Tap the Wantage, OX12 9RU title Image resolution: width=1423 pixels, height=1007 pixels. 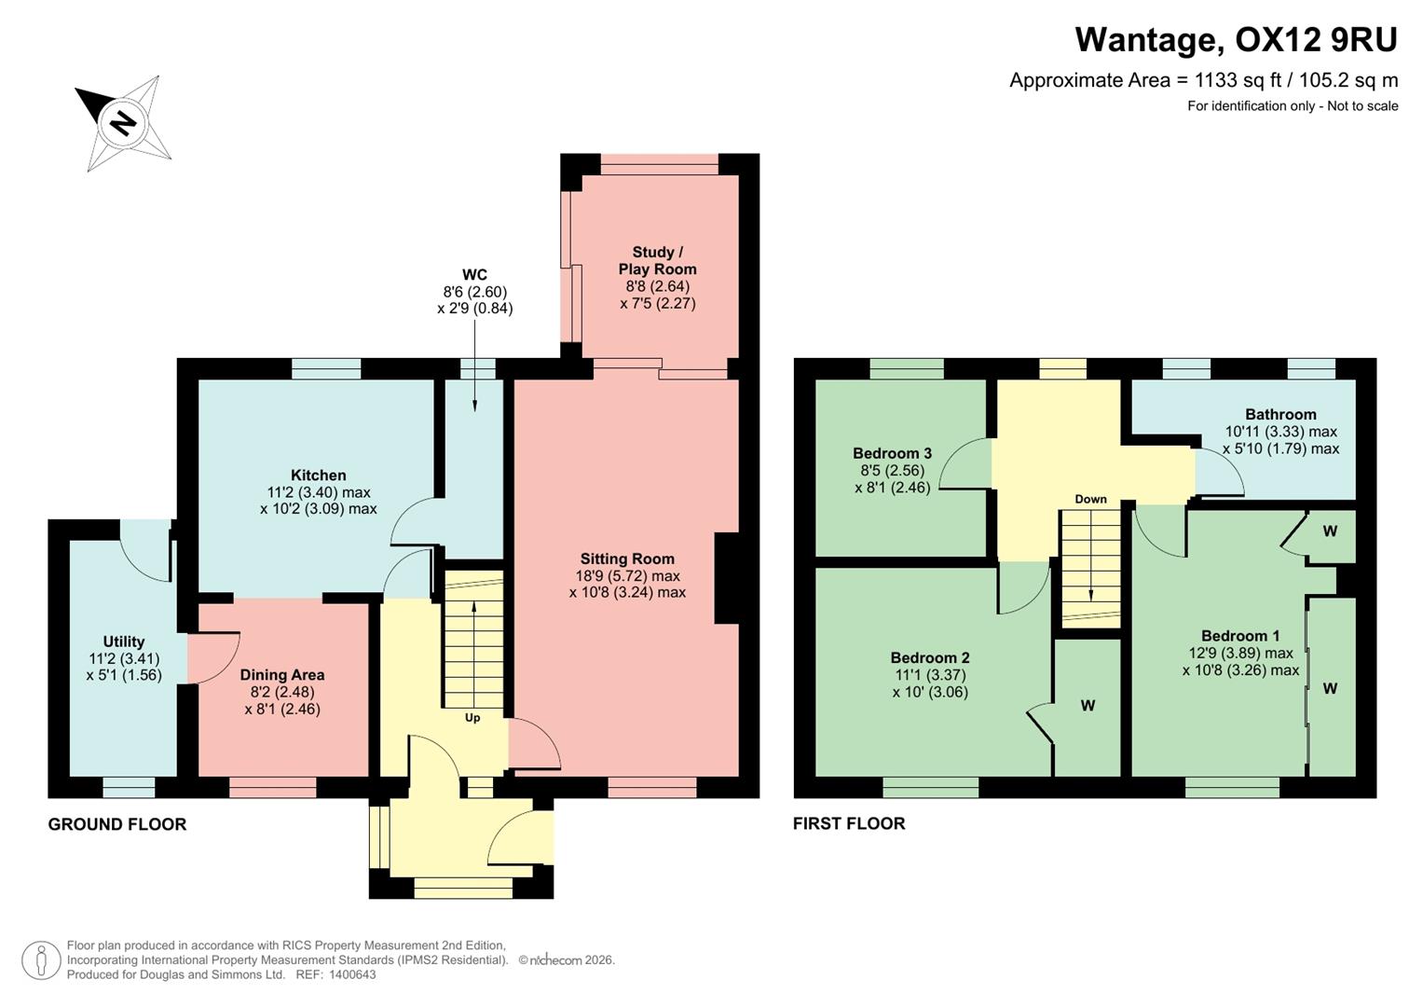pyautogui.click(x=1236, y=40)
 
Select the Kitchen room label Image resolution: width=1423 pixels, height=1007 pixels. pyautogui.click(x=318, y=476)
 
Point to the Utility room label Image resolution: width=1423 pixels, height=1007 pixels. pyautogui.click(x=123, y=641)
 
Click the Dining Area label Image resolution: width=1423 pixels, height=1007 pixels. pyautogui.click(x=282, y=675)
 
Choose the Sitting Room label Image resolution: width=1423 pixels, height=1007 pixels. pyautogui.click(x=627, y=559)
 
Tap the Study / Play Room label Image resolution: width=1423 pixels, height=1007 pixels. pyautogui.click(x=657, y=260)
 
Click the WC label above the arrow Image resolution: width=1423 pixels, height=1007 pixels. pyautogui.click(x=474, y=274)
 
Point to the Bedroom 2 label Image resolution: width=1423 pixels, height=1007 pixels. pyautogui.click(x=929, y=658)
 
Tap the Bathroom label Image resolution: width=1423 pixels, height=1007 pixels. pyautogui.click(x=1280, y=415)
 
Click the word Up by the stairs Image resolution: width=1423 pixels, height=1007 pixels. pyautogui.click(x=472, y=718)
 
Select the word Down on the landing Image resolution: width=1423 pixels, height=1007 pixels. pyautogui.click(x=1090, y=499)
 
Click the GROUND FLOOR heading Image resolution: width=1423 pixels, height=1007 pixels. pyautogui.click(x=117, y=824)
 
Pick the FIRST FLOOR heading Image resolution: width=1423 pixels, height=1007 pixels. pyautogui.click(x=849, y=823)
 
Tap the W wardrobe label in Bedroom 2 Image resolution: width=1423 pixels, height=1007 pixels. pyautogui.click(x=1088, y=706)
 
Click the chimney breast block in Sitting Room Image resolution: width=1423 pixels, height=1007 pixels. pyautogui.click(x=726, y=577)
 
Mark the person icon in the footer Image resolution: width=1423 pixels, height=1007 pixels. pyautogui.click(x=41, y=960)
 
